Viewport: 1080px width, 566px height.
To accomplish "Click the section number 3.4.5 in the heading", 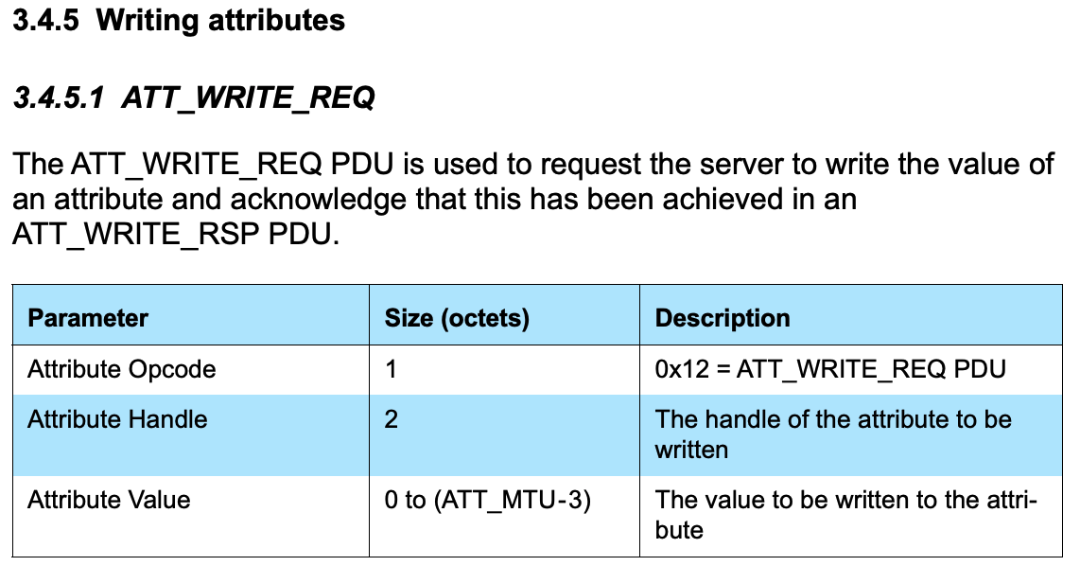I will [44, 20].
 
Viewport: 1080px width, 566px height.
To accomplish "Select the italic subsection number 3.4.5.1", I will [58, 97].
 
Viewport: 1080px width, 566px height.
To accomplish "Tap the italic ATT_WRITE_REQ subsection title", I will [248, 97].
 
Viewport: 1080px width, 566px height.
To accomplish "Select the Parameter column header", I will [88, 318].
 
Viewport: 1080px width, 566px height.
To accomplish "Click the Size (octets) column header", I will [457, 318].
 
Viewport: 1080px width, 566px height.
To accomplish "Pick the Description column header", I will [723, 318].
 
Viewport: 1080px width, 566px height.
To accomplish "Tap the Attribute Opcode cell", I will [121, 369].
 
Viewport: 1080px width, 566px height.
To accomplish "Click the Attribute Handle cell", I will [117, 418].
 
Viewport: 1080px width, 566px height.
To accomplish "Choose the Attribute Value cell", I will [109, 500].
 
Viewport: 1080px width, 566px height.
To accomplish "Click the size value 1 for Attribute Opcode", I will [391, 369].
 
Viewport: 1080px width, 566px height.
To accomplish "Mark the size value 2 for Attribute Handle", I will [392, 418].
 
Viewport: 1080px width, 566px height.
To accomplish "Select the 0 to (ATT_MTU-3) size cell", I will [487, 500].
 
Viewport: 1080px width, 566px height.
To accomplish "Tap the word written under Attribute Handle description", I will [691, 449].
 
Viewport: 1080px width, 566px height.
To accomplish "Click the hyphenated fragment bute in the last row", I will [679, 530].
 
